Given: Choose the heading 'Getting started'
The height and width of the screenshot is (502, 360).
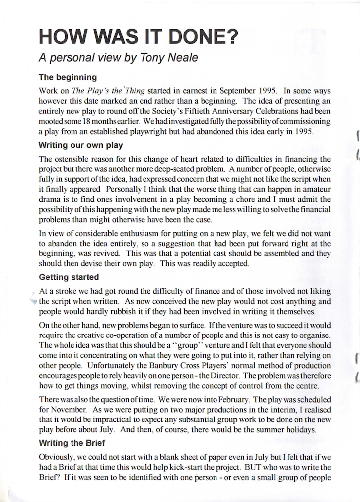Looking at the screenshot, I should point(69,277).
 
